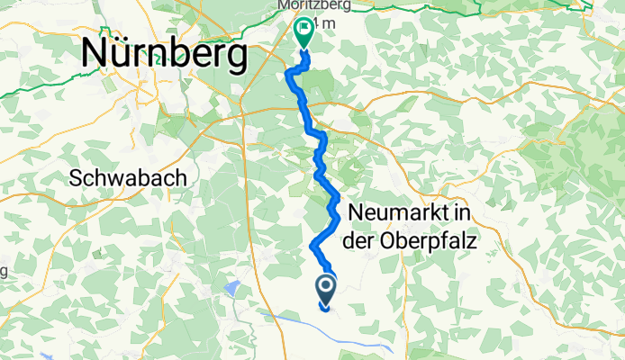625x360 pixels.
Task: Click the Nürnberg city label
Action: [x=164, y=55]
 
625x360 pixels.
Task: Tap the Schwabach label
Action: [x=129, y=178]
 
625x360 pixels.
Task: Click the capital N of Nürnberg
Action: [x=95, y=55]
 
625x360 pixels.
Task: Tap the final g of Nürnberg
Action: [x=236, y=59]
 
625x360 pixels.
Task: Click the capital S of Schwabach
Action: [x=76, y=178]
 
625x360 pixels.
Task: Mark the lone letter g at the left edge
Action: [x=4, y=271]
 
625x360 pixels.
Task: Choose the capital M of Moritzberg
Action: [x=285, y=5]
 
